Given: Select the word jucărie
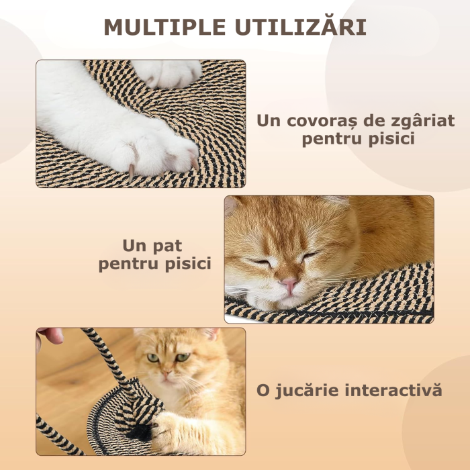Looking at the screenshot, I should tap(311, 391).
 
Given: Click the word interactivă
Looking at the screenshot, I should tap(395, 390).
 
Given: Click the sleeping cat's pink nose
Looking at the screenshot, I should tap(289, 285).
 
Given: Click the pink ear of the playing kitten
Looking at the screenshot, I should tap(211, 334).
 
